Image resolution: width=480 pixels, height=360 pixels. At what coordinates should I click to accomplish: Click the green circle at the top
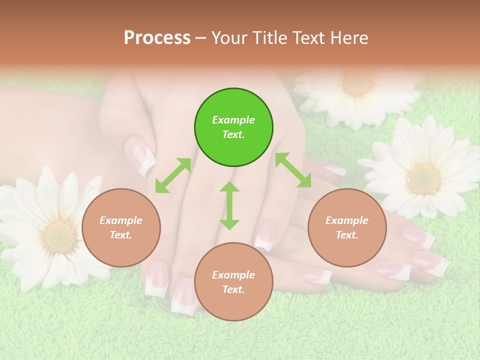(233, 127)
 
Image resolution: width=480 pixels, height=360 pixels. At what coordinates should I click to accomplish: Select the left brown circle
(121, 227)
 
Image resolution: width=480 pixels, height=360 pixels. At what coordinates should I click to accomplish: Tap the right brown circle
(347, 227)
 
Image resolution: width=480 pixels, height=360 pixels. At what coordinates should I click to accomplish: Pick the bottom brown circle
(233, 281)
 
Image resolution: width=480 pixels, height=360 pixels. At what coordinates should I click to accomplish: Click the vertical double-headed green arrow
(229, 205)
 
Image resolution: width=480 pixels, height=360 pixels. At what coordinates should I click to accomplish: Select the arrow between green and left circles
(173, 175)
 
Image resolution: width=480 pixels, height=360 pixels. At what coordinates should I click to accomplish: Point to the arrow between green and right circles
(293, 170)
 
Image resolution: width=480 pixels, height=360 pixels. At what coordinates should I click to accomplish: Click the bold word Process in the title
(157, 38)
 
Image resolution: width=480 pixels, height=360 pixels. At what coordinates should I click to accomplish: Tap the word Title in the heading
(272, 38)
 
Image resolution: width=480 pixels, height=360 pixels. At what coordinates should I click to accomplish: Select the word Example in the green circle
(233, 120)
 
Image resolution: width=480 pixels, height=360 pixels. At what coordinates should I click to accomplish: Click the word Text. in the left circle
(121, 235)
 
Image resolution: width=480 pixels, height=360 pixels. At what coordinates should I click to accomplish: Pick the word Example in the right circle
(347, 220)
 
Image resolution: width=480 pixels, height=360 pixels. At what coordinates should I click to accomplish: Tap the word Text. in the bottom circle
(233, 289)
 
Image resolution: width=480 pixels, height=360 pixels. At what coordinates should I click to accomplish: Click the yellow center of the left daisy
(59, 235)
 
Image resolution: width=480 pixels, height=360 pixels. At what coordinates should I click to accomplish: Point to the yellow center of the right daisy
(424, 178)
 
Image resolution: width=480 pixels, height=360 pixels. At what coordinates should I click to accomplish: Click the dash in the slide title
(201, 38)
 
